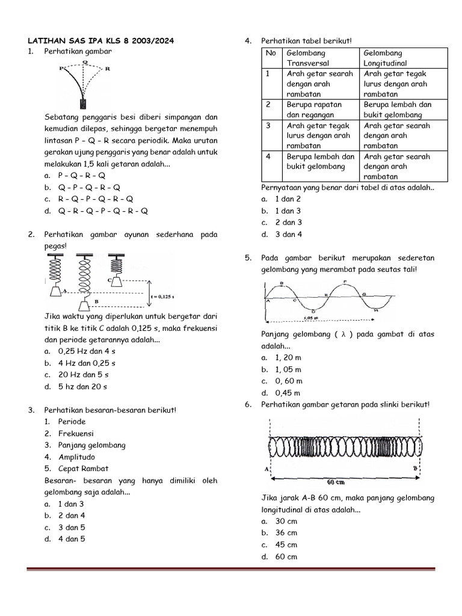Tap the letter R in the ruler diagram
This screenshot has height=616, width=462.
pos(108,69)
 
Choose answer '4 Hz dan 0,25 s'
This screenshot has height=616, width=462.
pos(87,363)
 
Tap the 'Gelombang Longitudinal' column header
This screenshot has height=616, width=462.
pos(385,58)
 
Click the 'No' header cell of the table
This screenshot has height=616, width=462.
pos(271,54)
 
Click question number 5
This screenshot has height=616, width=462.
pos(248,258)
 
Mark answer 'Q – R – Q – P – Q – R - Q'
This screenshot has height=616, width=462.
pos(103,211)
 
